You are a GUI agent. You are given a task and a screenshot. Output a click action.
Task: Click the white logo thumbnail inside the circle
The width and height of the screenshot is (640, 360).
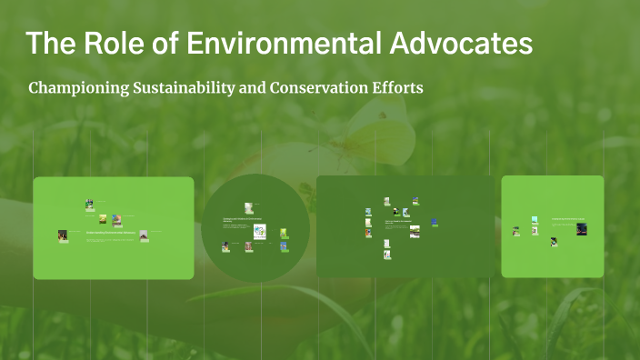pyautogui.click(x=259, y=232)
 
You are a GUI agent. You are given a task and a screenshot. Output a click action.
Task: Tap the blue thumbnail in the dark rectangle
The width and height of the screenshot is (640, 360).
pyautogui.click(x=435, y=221)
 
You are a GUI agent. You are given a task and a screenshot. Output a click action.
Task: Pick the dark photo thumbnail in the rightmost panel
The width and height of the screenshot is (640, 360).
pyautogui.click(x=582, y=229)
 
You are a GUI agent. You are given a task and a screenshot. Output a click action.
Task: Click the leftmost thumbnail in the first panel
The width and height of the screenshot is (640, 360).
pyautogui.click(x=63, y=235)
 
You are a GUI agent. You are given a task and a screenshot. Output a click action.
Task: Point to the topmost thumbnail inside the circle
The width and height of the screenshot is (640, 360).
pyautogui.click(x=248, y=208)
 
